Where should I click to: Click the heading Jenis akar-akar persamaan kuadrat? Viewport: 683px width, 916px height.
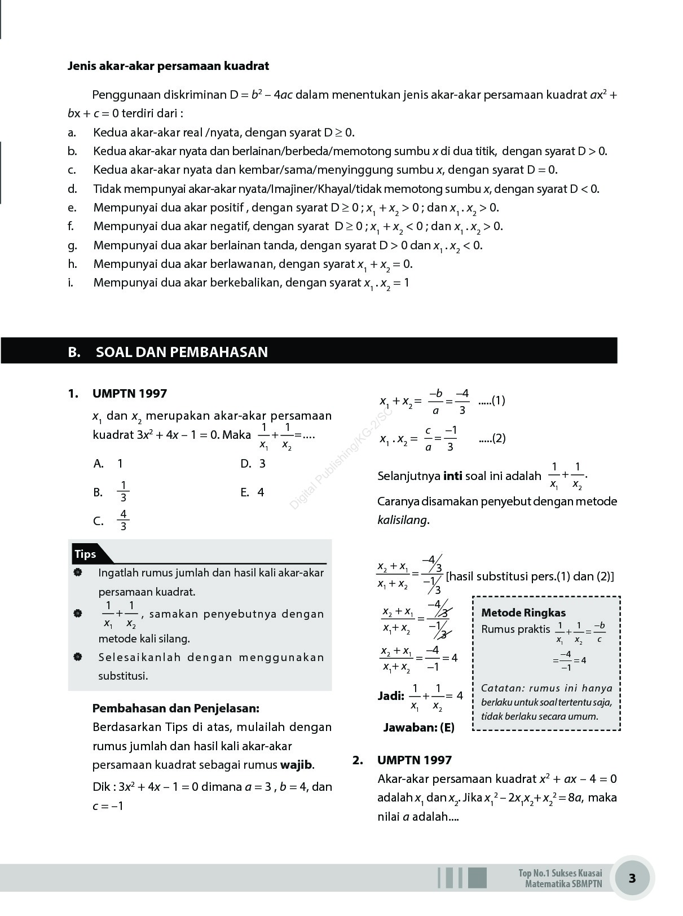(x=168, y=66)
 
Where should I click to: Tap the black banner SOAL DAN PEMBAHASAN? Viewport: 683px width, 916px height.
(x=182, y=352)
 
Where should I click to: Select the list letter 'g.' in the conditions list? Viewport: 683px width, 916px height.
(x=72, y=245)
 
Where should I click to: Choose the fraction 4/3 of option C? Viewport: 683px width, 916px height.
(x=123, y=521)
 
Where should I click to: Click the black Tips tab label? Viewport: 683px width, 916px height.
(x=85, y=554)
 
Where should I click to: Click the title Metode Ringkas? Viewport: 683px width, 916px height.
(x=523, y=613)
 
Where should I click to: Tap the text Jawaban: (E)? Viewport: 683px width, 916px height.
(x=418, y=728)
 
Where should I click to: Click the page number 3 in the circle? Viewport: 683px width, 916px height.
(x=632, y=878)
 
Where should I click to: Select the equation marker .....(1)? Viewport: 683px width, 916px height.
(x=491, y=401)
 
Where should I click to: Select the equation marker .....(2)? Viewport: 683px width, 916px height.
(x=492, y=439)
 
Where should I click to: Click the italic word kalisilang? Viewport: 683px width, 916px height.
(x=402, y=520)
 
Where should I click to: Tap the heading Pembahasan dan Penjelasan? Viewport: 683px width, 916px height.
(x=175, y=708)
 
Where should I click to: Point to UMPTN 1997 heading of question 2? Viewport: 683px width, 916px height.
(x=414, y=760)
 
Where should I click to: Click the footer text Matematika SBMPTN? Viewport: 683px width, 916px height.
(x=563, y=884)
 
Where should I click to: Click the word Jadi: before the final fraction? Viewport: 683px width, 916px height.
(x=391, y=696)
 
